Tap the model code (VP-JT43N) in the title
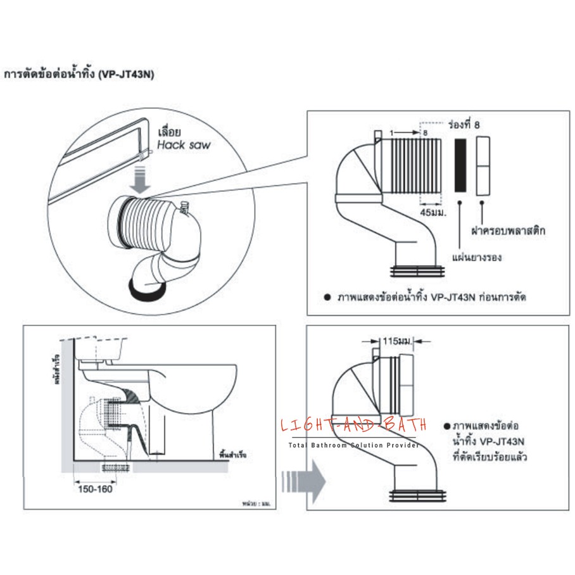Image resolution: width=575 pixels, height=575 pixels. (x=127, y=74)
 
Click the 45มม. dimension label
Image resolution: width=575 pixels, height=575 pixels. (x=434, y=212)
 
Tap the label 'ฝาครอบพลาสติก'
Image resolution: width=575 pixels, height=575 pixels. (x=509, y=231)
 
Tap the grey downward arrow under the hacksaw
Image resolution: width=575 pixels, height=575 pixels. (x=141, y=178)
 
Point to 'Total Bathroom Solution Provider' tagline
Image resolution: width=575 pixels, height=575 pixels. (x=353, y=446)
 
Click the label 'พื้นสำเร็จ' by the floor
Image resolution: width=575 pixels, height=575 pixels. (x=232, y=455)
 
